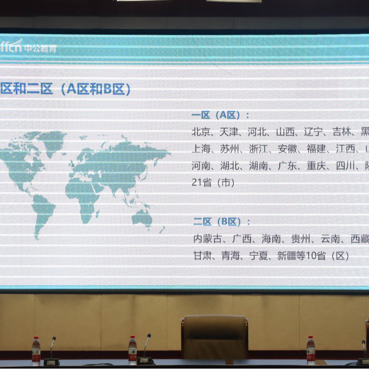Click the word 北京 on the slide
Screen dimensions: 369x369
tap(201, 131)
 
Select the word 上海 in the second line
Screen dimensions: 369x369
tap(201, 149)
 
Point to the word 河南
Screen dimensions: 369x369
tap(201, 166)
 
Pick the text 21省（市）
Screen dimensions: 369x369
tap(213, 183)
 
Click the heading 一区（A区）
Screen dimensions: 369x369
tap(221, 115)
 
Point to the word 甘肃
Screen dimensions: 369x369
tap(202, 256)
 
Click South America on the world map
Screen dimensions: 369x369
tap(43, 212)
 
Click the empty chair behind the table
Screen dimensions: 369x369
tap(215, 336)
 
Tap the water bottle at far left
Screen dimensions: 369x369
tap(36, 351)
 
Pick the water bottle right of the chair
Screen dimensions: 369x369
tap(310, 350)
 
